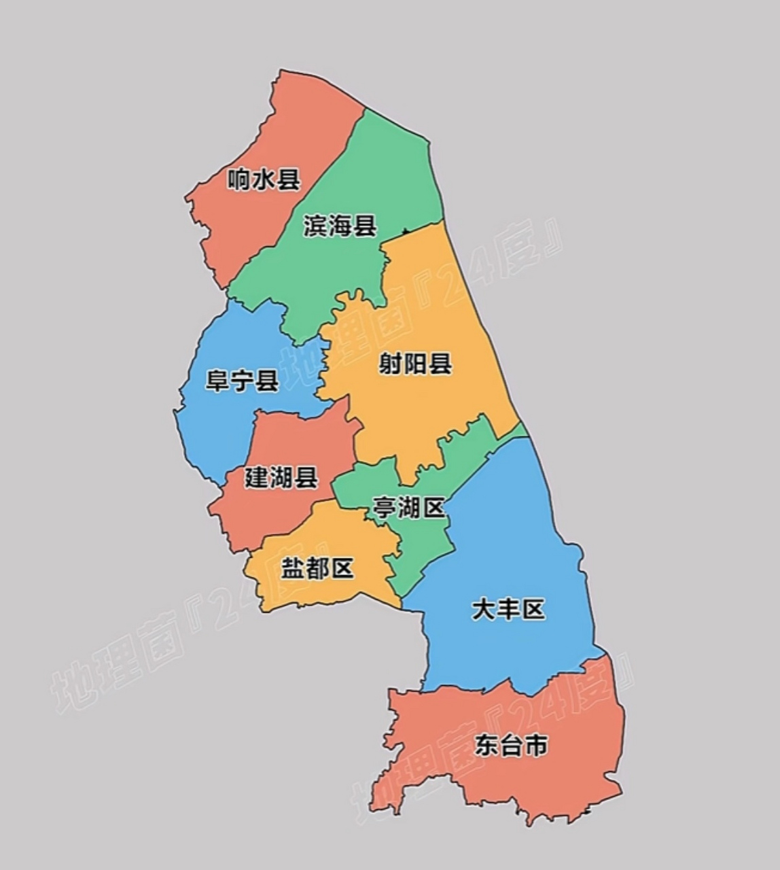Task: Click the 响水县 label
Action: coord(264,180)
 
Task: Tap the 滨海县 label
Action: coord(340,226)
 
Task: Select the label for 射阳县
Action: coord(415,364)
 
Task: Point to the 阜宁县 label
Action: coord(242,381)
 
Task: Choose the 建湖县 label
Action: coord(281,478)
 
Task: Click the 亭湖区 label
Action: coord(408,508)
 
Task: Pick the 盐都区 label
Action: coord(317,568)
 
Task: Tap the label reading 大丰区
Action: coord(508,610)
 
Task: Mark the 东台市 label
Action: coord(511,746)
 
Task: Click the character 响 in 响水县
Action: coord(239,180)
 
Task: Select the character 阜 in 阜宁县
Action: coord(217,381)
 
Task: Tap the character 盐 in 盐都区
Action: coord(293,568)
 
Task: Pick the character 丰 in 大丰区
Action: coord(508,610)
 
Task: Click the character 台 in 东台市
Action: coord(511,746)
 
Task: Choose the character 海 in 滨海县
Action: coord(340,226)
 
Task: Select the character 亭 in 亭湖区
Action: coord(384,508)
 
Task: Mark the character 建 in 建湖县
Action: coord(257,478)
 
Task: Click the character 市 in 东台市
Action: coord(535,746)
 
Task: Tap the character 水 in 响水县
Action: coord(264,180)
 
